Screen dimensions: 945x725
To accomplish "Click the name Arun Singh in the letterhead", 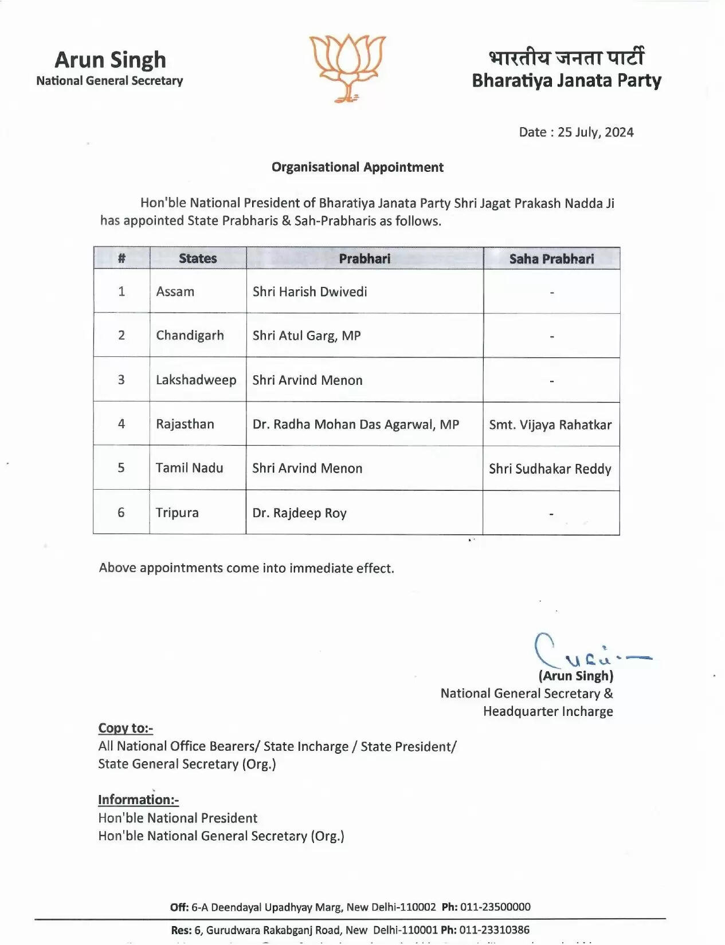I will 110,60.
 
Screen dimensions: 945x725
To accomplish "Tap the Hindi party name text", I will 566,57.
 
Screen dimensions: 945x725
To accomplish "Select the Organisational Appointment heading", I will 357,167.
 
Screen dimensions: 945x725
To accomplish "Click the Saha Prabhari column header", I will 551,259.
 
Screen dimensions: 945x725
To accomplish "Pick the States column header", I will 198,258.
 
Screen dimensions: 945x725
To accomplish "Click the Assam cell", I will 175,292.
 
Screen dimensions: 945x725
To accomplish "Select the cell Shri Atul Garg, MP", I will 307,336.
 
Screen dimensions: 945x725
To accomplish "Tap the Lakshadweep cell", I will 196,380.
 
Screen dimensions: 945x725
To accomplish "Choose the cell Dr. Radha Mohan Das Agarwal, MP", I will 356,424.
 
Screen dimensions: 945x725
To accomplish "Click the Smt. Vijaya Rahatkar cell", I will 550,425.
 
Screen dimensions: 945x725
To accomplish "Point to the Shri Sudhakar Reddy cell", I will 550,469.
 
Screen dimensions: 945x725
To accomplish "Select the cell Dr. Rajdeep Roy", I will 300,513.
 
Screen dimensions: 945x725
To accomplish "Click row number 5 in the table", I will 121,468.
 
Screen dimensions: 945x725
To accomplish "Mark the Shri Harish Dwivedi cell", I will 309,292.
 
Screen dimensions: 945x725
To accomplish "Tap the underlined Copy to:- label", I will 126,728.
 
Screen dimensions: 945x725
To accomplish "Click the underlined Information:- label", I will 138,800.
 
